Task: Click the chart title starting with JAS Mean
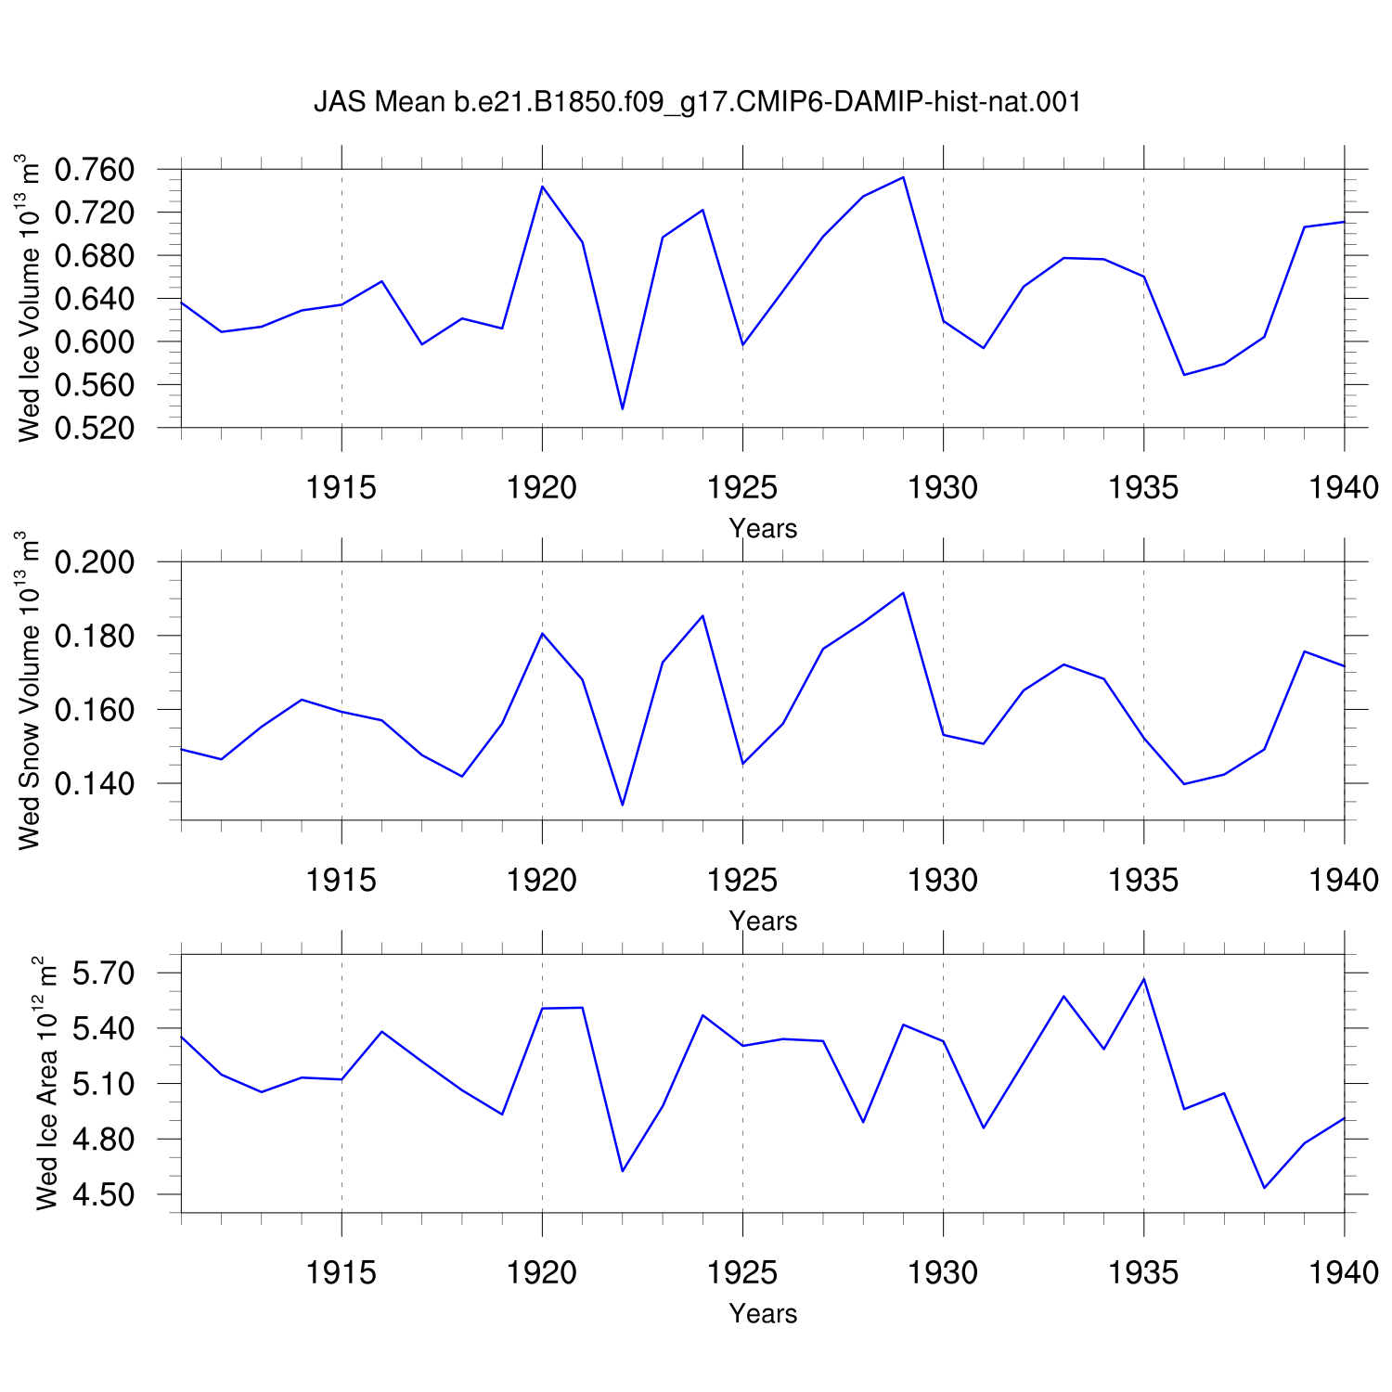tap(698, 102)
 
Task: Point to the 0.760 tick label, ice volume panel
tap(95, 170)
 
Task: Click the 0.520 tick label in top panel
tap(95, 428)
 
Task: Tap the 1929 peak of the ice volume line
tap(903, 177)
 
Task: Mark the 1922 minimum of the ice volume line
tap(623, 409)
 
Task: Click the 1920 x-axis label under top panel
tap(542, 487)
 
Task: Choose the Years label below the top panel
tap(763, 529)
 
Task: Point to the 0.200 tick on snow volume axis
tap(95, 562)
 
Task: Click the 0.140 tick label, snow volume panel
tap(95, 783)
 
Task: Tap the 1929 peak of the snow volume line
tap(903, 592)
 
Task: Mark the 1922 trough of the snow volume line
tap(623, 805)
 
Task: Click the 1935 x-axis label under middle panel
tap(1143, 880)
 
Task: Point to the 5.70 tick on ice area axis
tap(104, 973)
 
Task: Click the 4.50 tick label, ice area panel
tap(104, 1194)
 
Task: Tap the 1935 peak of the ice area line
tap(1143, 979)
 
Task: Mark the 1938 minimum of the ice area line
tap(1264, 1188)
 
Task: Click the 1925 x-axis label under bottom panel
tap(742, 1272)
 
